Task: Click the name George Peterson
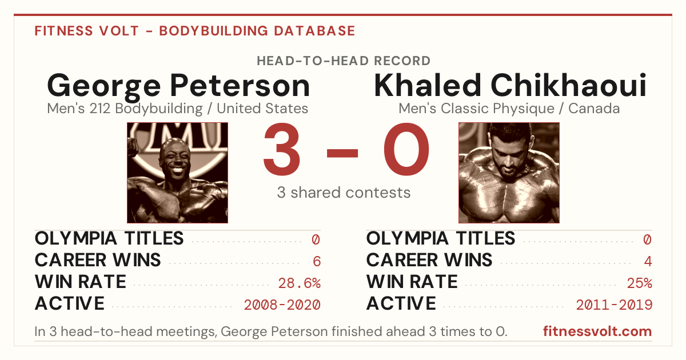tap(178, 87)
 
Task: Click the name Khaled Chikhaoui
tap(510, 85)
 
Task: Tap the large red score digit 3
tap(282, 149)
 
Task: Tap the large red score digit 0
tap(406, 149)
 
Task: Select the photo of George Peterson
tap(178, 173)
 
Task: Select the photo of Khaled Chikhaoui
tap(509, 173)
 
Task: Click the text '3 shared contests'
tap(344, 193)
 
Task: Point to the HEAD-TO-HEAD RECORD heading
tap(344, 61)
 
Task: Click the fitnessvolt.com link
tap(597, 331)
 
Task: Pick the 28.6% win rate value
tap(299, 283)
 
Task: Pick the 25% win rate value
tap(640, 283)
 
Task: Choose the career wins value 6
tap(317, 262)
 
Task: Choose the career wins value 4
tap(648, 262)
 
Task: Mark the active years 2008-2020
tap(282, 305)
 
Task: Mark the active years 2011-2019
tap(614, 305)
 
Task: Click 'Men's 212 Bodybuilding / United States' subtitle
tap(178, 109)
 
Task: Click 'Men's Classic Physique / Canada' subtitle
tap(509, 109)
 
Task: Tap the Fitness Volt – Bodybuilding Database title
tap(195, 31)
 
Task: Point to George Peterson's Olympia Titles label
tap(109, 238)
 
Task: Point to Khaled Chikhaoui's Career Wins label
tap(429, 260)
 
